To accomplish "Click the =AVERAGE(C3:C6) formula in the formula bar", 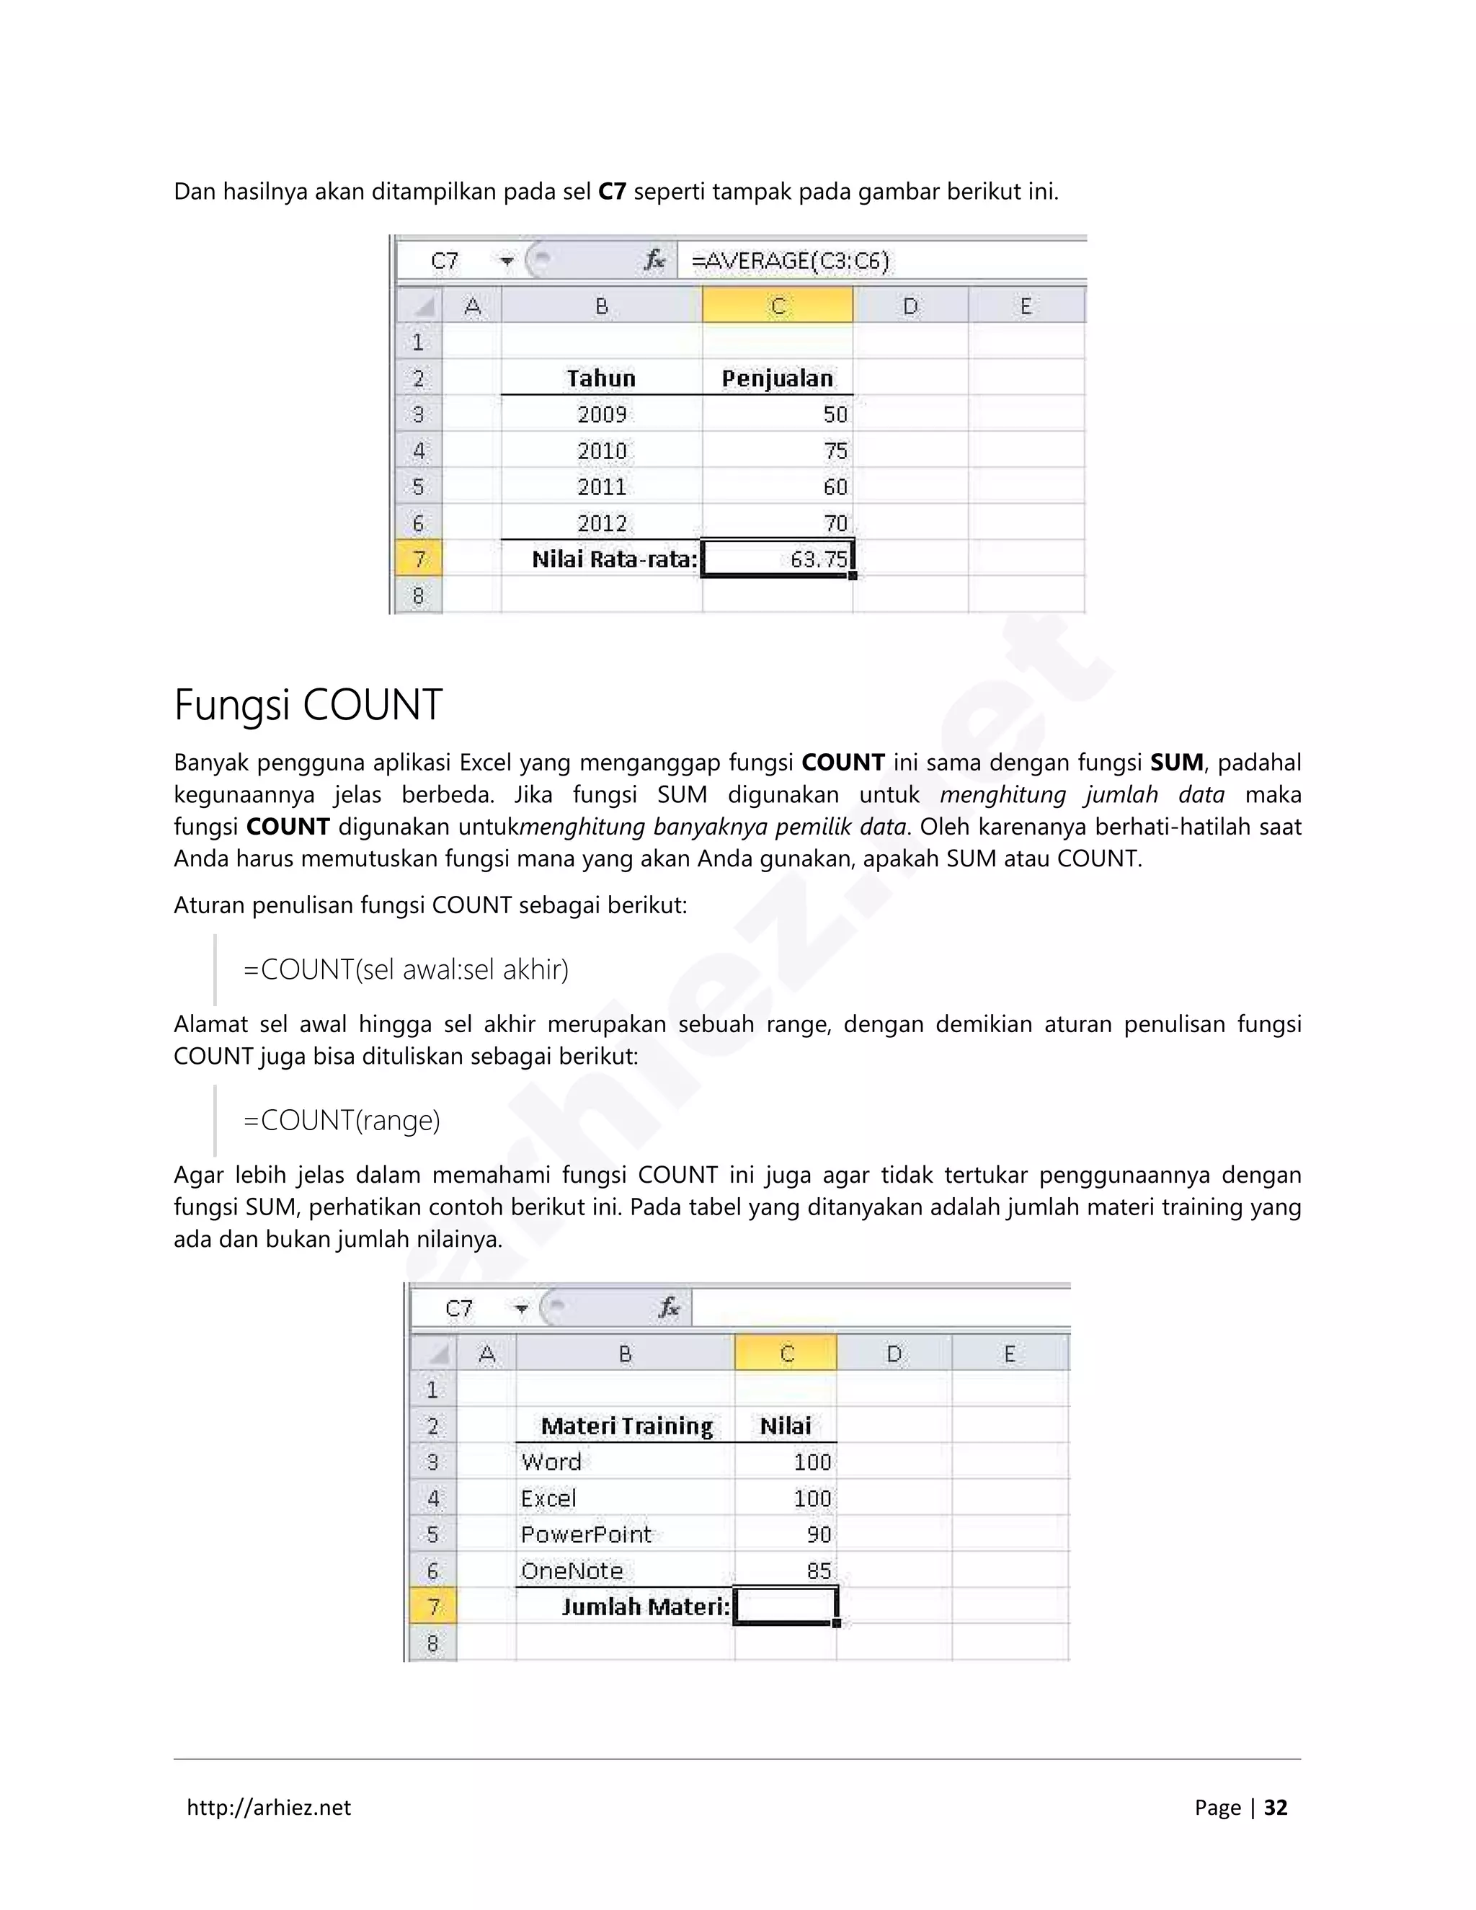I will pos(790,261).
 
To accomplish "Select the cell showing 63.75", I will pos(778,559).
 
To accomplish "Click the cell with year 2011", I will pos(602,487).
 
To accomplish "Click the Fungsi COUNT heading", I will pos(308,705).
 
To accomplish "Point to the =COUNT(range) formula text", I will pos(341,1120).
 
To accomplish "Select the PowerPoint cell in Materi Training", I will pos(586,1534).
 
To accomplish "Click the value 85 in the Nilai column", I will pos(819,1571).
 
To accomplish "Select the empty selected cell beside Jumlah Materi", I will pos(786,1607).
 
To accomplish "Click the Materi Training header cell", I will pos(626,1426).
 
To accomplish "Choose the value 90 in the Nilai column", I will pos(819,1534).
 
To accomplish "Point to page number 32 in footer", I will pos(1276,1808).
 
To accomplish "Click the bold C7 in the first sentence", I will pos(612,192).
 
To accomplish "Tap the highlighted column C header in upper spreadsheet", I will pos(778,306).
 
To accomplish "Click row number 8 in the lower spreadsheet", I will pos(432,1643).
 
